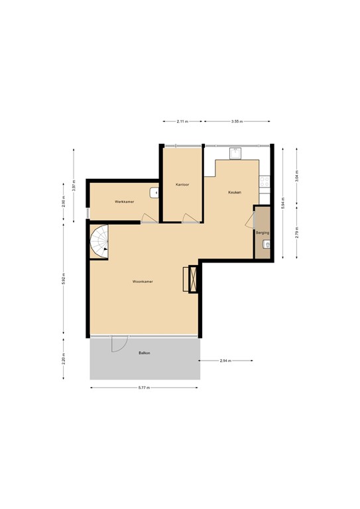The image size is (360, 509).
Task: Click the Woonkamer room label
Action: click(x=143, y=281)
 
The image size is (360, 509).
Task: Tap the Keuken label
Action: click(x=234, y=192)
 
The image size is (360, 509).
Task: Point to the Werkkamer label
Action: click(x=124, y=201)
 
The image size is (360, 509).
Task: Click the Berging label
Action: click(x=262, y=233)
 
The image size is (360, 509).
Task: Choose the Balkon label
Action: click(x=144, y=353)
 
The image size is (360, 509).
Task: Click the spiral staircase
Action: click(x=100, y=243)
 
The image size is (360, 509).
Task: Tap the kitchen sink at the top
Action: click(x=235, y=154)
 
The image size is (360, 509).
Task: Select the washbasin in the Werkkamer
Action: click(x=154, y=193)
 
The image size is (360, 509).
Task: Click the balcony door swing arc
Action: click(x=119, y=344)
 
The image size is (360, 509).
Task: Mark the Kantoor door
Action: click(x=190, y=218)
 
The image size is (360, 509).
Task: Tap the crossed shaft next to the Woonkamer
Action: click(x=193, y=278)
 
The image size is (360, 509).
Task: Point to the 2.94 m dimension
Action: click(x=226, y=361)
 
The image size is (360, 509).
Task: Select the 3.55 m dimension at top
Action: click(x=237, y=122)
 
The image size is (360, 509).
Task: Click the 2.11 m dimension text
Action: click(x=182, y=122)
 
